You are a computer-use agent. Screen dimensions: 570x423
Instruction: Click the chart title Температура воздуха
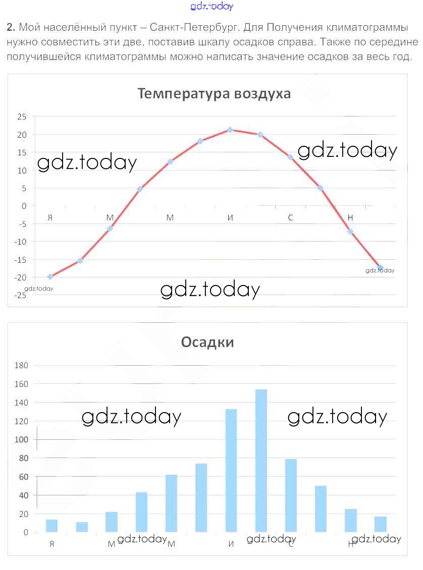tap(214, 94)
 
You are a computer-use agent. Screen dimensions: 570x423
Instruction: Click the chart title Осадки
tap(207, 342)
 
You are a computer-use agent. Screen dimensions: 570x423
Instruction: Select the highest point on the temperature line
tap(230, 130)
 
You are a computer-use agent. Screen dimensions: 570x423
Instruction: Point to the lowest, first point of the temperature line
tap(50, 276)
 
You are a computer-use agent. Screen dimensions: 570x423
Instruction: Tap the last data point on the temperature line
tap(380, 267)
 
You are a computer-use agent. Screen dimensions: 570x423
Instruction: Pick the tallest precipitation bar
tap(261, 460)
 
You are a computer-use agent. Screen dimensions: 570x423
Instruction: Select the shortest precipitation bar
tap(82, 527)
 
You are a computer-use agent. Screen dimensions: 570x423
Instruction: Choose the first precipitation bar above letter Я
tap(51, 525)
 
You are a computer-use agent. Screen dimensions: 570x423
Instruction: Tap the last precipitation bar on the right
tap(381, 524)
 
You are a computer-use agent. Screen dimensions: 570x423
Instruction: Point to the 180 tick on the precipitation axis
tap(22, 365)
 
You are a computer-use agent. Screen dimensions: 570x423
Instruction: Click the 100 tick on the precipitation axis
tap(22, 439)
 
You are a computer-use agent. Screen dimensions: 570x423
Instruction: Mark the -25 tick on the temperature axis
tap(21, 295)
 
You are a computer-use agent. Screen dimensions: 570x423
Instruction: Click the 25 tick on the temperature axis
tap(22, 117)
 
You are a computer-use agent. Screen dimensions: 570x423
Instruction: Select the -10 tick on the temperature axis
tap(21, 242)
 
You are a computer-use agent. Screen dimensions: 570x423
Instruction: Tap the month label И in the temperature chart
tap(230, 218)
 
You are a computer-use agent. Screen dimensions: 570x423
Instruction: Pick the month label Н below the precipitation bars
tap(351, 544)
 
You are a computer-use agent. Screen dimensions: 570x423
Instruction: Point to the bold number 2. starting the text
tap(11, 27)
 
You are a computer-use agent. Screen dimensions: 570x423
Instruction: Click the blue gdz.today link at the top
tap(212, 7)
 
